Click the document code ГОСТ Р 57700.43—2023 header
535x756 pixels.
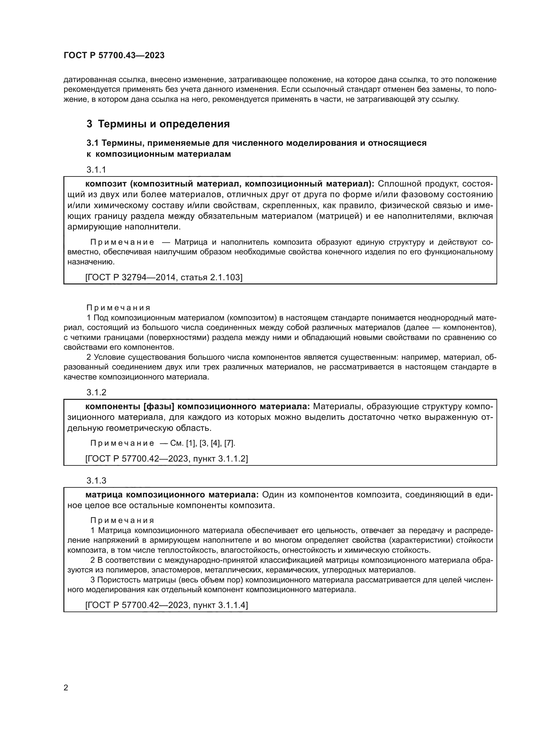coord(114,55)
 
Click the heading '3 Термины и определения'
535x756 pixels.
coord(158,124)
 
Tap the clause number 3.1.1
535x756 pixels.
coord(96,170)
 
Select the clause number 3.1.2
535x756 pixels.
coord(96,392)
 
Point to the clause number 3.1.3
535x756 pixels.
coord(96,480)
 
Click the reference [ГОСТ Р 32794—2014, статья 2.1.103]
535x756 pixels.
coord(164,277)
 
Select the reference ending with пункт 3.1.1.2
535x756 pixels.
coord(166,458)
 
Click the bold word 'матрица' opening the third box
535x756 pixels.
coord(104,495)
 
